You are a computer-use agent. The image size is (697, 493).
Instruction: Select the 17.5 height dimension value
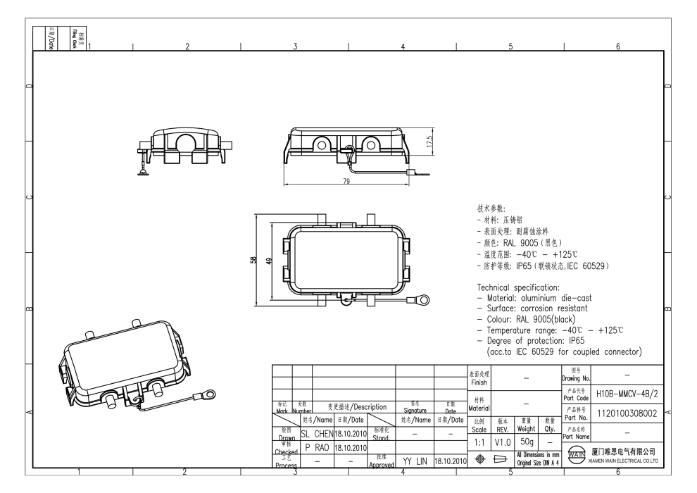coord(430,141)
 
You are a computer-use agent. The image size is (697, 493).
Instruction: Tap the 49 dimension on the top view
coord(268,261)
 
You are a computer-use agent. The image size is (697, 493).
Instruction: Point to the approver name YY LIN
coord(415,461)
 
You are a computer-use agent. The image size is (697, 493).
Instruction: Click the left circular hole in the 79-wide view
coord(321,146)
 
